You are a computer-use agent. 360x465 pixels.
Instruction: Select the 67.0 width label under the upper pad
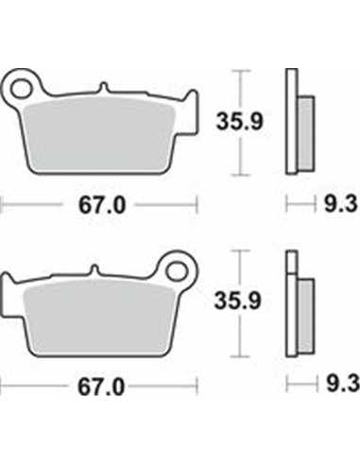click(99, 203)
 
